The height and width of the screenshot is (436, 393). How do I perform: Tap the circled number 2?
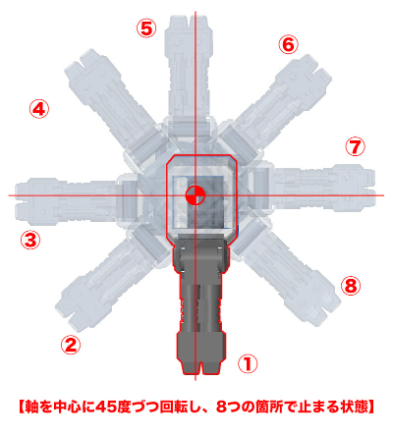tap(70, 344)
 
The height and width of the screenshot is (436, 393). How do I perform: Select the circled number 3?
tap(30, 239)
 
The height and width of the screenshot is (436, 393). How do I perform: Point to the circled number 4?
tap(38, 109)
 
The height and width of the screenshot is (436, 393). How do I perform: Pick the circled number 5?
tap(146, 27)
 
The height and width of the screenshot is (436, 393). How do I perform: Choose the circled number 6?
tap(287, 44)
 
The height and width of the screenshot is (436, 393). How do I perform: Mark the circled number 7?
tap(355, 145)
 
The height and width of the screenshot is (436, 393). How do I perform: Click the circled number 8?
tap(351, 286)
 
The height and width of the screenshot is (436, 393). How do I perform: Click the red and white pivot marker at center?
tap(195, 193)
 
